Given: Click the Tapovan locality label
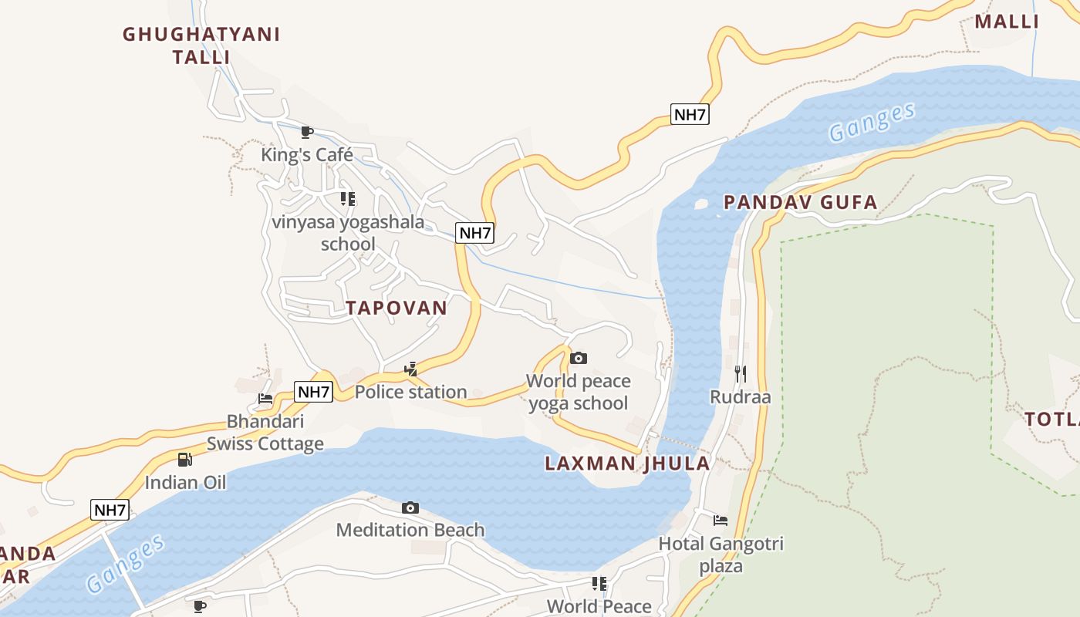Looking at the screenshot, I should (x=396, y=308).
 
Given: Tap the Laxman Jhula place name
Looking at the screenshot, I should (x=627, y=464).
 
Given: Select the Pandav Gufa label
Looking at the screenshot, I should (x=800, y=203).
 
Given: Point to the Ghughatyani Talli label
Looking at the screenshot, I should (x=201, y=46).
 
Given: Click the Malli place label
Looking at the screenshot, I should (x=1007, y=22).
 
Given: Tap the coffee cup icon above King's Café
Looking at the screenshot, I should (x=306, y=132).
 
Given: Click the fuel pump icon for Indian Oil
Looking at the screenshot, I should (x=185, y=460).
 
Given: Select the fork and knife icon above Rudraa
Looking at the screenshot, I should (x=741, y=374).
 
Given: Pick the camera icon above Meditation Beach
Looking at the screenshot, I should (x=410, y=507).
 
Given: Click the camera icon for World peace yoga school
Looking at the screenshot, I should (x=578, y=358).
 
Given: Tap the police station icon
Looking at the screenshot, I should (x=410, y=369).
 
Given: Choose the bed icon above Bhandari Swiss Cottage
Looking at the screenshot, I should (x=265, y=399).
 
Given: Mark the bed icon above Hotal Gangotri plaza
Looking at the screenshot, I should (x=721, y=521).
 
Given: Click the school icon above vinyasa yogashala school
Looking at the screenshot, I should (x=348, y=199).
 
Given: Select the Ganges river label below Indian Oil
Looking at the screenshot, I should (x=126, y=563).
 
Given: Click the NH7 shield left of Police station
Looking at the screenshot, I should (x=314, y=392).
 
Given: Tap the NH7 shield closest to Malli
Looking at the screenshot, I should (x=689, y=115).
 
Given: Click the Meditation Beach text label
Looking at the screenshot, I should (x=410, y=530).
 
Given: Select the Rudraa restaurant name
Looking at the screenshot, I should (x=741, y=397).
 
